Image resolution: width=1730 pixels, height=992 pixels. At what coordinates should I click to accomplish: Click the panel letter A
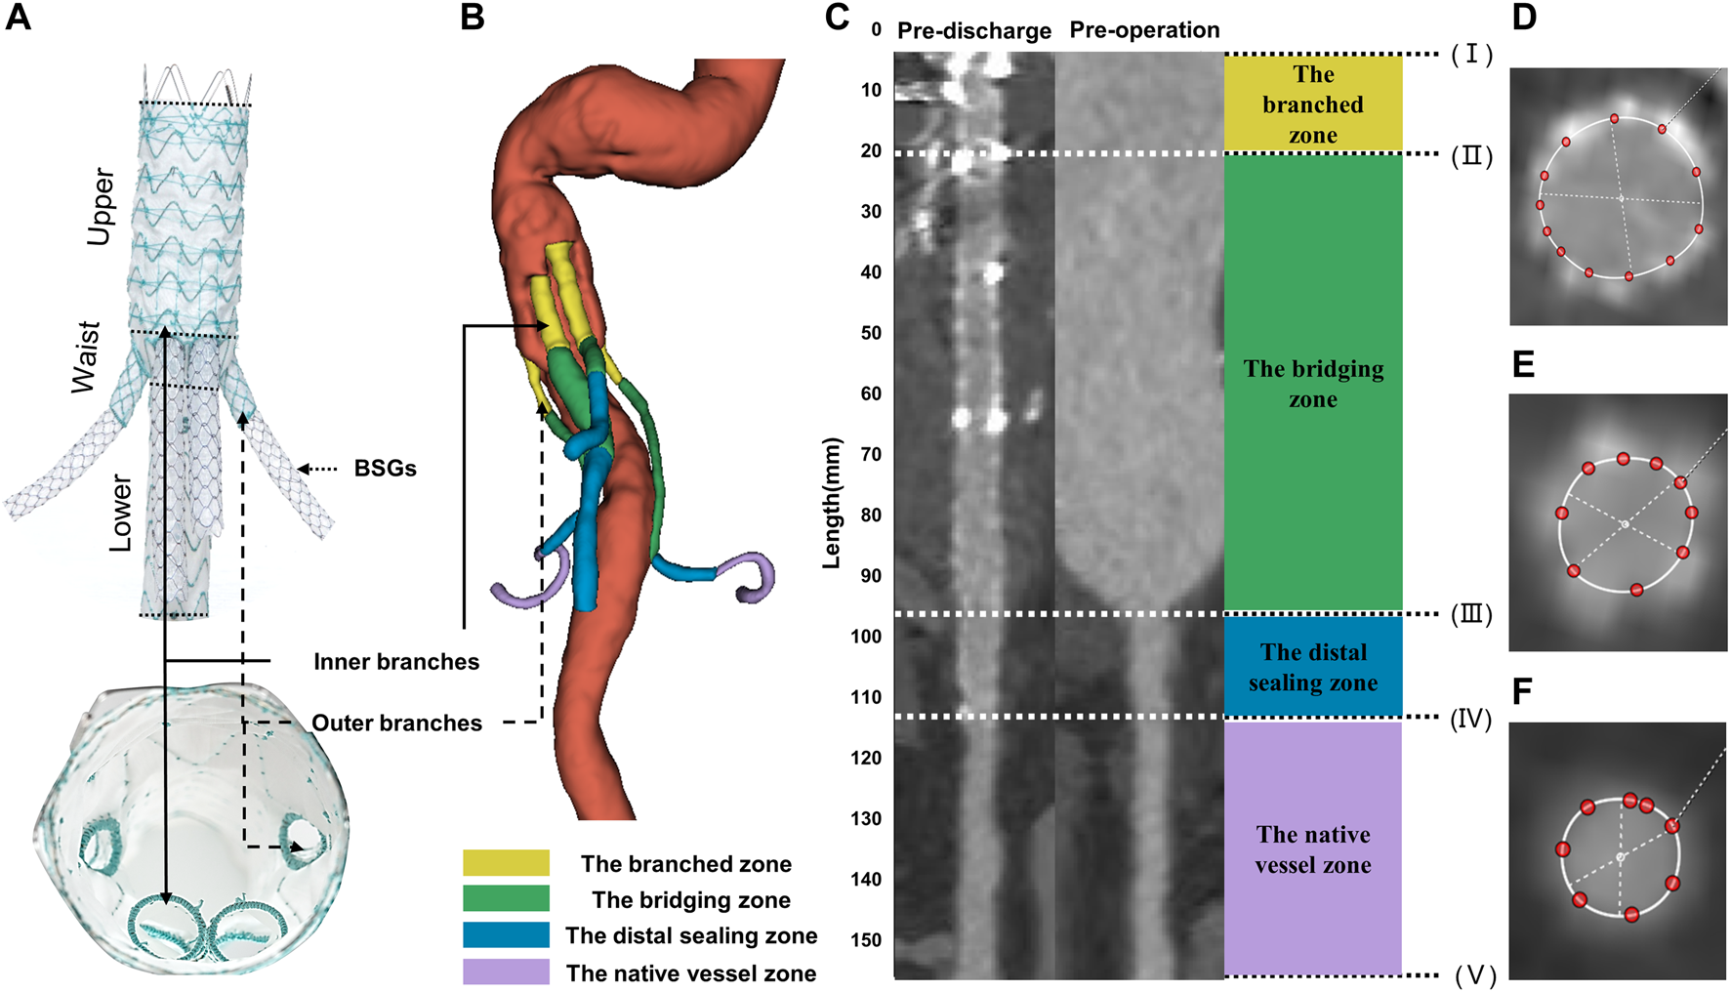[x=19, y=18]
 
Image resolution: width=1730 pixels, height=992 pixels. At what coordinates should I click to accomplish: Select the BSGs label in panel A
[x=385, y=469]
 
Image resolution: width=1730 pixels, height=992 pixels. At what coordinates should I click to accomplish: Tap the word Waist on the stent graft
[x=86, y=356]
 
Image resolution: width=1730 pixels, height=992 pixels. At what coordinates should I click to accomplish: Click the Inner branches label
[x=396, y=662]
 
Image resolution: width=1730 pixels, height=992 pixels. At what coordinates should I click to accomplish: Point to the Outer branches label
[x=396, y=723]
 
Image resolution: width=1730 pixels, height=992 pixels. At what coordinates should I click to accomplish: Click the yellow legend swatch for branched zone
[x=506, y=863]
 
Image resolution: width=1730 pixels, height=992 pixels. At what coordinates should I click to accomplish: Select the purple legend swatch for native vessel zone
[x=506, y=972]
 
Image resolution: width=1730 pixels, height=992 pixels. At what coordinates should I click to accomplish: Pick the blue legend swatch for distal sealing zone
[x=506, y=935]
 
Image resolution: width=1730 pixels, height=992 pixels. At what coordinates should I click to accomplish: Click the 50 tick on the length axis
[x=871, y=333]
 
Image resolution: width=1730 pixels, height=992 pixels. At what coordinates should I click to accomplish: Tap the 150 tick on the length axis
[x=865, y=940]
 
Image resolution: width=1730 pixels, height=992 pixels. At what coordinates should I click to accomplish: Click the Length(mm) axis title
[x=832, y=503]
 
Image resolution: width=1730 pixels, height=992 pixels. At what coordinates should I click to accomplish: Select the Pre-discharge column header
[x=973, y=31]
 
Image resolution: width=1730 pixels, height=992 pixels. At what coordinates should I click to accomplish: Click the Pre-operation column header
[x=1144, y=30]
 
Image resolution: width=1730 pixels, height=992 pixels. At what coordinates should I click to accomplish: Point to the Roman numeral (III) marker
[x=1471, y=615]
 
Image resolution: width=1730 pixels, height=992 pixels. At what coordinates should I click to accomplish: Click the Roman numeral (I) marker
[x=1471, y=55]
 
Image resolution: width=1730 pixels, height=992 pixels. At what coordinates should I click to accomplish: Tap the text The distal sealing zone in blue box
[x=1313, y=667]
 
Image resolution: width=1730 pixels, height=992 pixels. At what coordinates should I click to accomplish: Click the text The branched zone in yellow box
[x=1313, y=104]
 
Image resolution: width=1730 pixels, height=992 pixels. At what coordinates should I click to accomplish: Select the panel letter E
[x=1523, y=364]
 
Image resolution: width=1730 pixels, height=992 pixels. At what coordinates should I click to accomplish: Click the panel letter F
[x=1522, y=692]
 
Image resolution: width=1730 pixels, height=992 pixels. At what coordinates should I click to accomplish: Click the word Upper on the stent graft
[x=101, y=207]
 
